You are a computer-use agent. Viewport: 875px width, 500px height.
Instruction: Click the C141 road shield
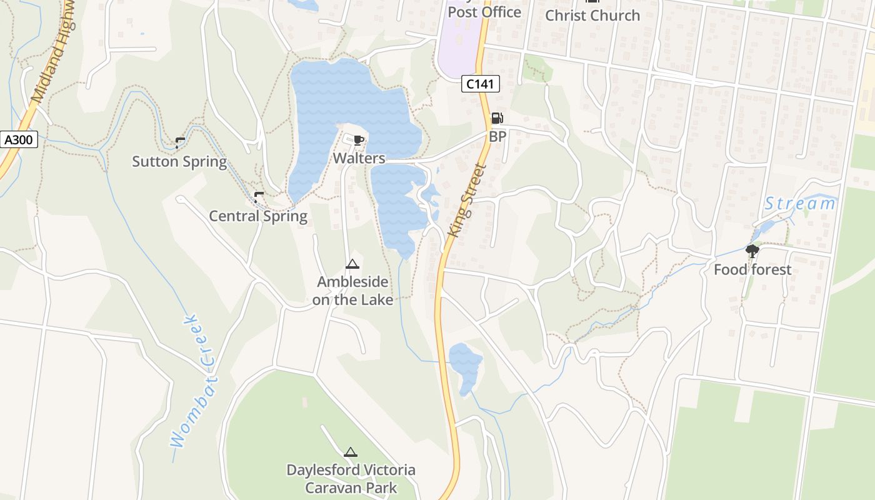pos(481,83)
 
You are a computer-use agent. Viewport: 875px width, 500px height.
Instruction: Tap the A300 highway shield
pos(19,139)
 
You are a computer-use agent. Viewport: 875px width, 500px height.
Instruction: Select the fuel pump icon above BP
pos(497,118)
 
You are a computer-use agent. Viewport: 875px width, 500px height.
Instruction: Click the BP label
pos(497,136)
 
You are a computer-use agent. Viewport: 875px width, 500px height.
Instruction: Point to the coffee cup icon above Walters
pos(358,140)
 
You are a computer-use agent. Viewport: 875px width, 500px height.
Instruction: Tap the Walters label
pos(359,158)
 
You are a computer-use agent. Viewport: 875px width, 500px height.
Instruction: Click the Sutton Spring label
pos(179,162)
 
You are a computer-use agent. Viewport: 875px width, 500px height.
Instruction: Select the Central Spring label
pos(258,216)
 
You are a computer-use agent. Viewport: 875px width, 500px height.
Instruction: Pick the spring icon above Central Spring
pos(259,197)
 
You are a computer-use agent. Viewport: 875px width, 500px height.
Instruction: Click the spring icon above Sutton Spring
pos(180,142)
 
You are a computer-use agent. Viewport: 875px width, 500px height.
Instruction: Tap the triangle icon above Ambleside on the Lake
pos(352,264)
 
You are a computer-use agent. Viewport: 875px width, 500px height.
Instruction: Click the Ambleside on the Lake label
pos(352,291)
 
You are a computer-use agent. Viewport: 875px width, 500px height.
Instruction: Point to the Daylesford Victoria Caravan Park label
pos(351,479)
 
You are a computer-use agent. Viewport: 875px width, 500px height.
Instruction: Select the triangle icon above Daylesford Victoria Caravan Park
pos(351,452)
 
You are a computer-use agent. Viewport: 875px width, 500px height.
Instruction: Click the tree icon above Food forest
pos(752,251)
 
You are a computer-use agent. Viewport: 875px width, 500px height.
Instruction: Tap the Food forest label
pos(752,270)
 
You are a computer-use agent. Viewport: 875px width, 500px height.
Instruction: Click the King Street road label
pos(467,200)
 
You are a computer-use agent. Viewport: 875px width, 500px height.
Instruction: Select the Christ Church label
pos(592,16)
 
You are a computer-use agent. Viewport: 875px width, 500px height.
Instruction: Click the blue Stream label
pos(800,204)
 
